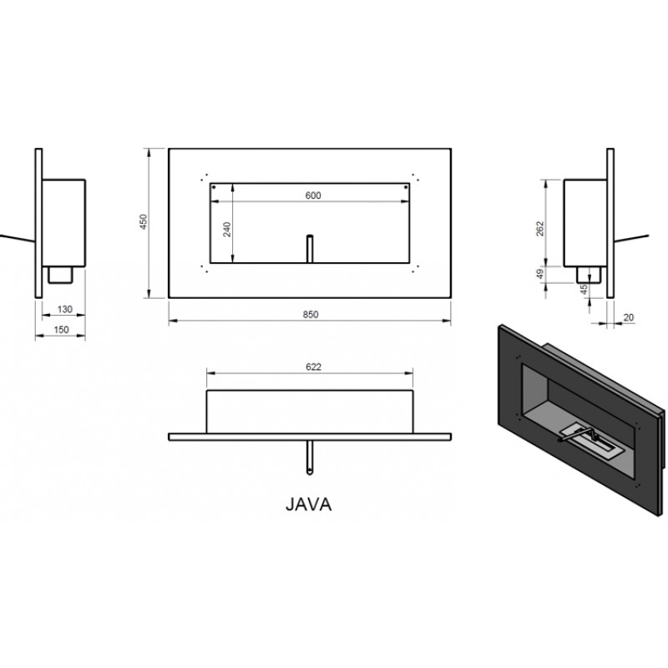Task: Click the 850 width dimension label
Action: [311, 315]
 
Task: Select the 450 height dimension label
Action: [144, 222]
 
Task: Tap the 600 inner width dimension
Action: [313, 195]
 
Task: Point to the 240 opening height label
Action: [227, 230]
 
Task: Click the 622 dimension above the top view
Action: [313, 367]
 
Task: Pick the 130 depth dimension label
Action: [65, 309]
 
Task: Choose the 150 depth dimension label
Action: [61, 330]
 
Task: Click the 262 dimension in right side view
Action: [540, 229]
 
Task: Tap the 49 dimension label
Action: [540, 274]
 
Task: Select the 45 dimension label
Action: [584, 289]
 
